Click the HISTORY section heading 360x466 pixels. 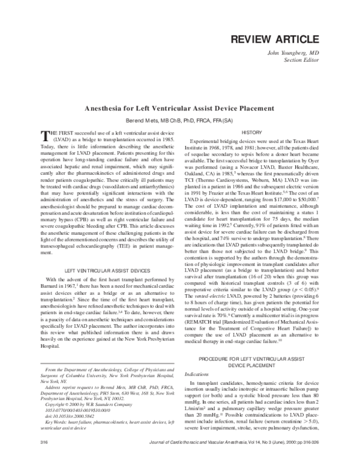click(x=251, y=132)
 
